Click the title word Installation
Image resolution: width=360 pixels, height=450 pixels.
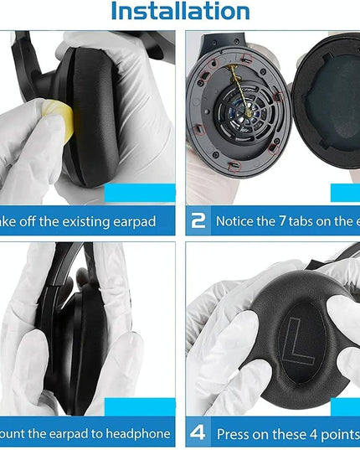coord(180,12)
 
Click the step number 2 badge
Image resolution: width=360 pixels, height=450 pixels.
coord(198,221)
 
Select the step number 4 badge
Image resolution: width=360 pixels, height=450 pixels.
coord(198,434)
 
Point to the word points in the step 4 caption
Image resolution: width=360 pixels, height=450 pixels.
coord(337,434)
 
